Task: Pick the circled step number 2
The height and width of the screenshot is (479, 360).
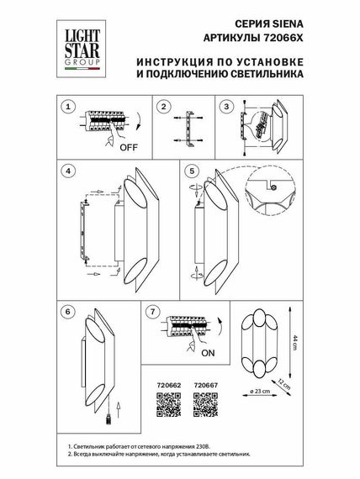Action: (165, 108)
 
